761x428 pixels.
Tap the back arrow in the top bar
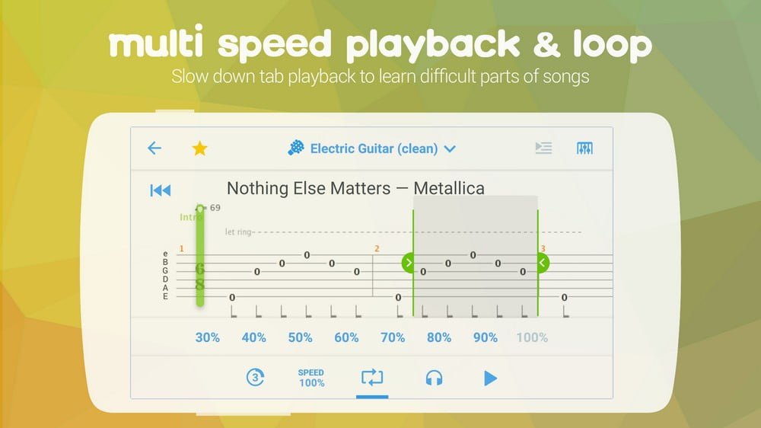click(x=154, y=148)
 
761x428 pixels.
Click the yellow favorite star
click(x=199, y=149)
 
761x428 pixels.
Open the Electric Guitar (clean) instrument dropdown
click(x=372, y=149)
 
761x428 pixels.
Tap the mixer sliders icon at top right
click(x=584, y=149)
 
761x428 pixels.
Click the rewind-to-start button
click(x=161, y=190)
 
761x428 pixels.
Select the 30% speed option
click(x=207, y=337)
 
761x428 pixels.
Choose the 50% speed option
click(x=300, y=337)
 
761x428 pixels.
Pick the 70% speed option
click(x=393, y=337)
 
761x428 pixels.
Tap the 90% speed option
click(x=486, y=337)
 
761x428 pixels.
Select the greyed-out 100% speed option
click(x=532, y=337)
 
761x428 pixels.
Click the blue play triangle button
click(x=490, y=378)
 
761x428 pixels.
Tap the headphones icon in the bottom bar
click(x=434, y=378)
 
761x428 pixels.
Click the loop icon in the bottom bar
click(x=372, y=378)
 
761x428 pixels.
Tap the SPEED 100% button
click(x=311, y=378)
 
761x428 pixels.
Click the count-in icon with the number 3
click(x=255, y=378)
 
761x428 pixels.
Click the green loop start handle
click(x=409, y=263)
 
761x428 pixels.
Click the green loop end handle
click(x=542, y=263)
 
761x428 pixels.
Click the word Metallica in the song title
click(x=449, y=188)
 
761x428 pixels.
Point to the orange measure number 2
click(x=377, y=249)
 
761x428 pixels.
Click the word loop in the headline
click(x=613, y=44)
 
